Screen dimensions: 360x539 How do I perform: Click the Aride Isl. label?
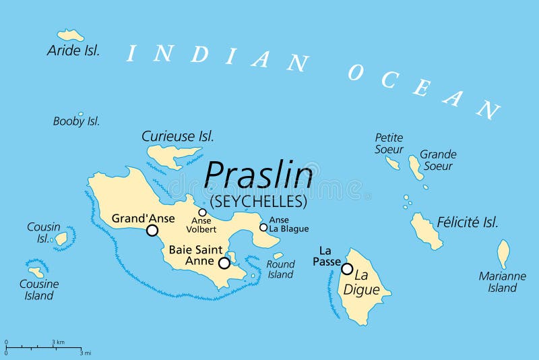coord(73,50)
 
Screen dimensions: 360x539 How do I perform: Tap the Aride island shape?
coord(71,34)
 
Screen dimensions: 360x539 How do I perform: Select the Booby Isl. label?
coord(76,121)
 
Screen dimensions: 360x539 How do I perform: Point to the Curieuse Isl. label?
coord(178,136)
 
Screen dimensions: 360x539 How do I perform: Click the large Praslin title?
coord(259,176)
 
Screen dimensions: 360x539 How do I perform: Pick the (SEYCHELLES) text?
coord(259,202)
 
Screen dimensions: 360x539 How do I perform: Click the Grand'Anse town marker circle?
coord(152,231)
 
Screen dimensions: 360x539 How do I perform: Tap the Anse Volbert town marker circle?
coord(202,212)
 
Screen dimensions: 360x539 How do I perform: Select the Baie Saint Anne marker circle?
coord(224,263)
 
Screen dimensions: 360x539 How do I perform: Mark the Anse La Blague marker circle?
coord(263,227)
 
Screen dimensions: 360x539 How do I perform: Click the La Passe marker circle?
coord(347,269)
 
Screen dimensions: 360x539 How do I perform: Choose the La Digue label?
coord(367,283)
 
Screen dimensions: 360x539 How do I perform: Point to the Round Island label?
coord(280,269)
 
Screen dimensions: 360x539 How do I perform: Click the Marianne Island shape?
coord(503,253)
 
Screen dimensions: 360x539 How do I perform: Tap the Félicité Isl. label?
coord(468,222)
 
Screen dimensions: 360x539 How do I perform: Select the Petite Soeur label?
coord(389,144)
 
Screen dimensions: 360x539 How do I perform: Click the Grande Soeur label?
coord(438,160)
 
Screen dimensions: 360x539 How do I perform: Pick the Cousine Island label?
coord(38,290)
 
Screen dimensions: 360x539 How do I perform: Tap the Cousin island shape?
coord(61,238)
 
